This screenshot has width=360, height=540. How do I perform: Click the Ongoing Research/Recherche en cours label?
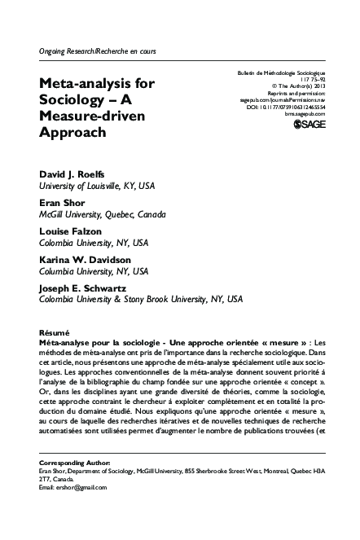point(97,50)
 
